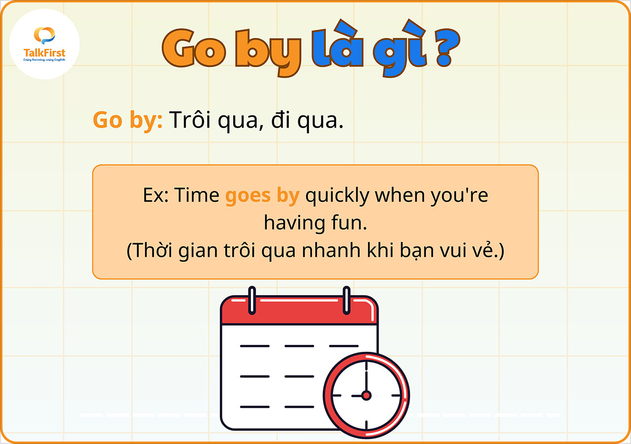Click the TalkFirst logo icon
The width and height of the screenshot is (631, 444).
44,36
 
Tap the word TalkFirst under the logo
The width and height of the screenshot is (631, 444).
44,53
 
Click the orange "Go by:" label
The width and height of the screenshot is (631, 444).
128,120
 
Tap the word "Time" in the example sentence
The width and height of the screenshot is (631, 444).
197,195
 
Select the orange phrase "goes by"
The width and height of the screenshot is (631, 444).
262,196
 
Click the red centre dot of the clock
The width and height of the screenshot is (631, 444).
366,395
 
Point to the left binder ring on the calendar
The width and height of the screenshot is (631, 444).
252,299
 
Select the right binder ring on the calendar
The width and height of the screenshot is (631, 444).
346,299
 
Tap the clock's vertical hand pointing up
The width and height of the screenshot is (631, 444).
366,377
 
